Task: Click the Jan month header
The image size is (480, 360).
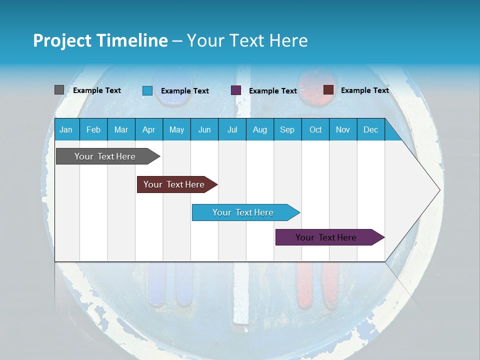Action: point(66,129)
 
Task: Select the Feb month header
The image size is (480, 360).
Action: point(93,129)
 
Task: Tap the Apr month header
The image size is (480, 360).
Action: point(148,129)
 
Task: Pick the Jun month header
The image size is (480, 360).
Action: point(204,129)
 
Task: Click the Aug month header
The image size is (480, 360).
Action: point(259,129)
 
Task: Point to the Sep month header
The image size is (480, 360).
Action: point(287,129)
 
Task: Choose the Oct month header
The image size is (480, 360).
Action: point(315,129)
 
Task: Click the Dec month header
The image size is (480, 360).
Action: point(370,129)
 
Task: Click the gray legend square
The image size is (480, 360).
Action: point(59,90)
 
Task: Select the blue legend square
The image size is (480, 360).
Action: point(147,90)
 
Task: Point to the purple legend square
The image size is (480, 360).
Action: point(236,90)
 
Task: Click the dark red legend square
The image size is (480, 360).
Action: point(328,90)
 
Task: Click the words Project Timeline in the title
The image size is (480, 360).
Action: point(100,40)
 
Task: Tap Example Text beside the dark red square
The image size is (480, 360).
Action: point(364,90)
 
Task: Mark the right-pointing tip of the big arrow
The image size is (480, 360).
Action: point(438,189)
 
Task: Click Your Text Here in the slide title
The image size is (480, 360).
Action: point(247,40)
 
